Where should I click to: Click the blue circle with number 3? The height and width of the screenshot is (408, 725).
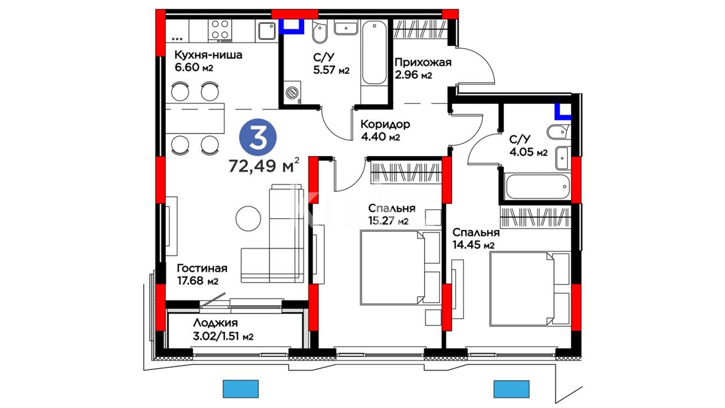[x=258, y=138]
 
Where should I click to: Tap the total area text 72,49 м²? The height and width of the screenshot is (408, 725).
[x=264, y=165]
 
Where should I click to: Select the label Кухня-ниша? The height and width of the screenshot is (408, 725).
[x=208, y=55]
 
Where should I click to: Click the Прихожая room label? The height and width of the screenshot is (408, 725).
[x=423, y=62]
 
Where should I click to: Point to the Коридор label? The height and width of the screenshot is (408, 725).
[x=385, y=124]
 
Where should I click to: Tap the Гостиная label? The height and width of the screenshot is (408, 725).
[x=202, y=268]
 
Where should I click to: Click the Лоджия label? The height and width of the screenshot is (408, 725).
[x=215, y=323]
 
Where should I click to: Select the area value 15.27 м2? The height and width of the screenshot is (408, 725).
[x=388, y=221]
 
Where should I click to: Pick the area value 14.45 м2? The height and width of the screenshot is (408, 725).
[x=474, y=245]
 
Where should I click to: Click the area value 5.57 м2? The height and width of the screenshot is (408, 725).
[x=331, y=70]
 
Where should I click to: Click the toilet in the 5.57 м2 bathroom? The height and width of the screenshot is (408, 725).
[x=319, y=32]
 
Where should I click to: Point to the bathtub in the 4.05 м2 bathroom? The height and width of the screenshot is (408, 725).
[x=537, y=186]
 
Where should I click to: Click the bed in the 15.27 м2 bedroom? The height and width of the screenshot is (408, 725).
[x=401, y=268]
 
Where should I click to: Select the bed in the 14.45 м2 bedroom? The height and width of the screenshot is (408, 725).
[x=529, y=289]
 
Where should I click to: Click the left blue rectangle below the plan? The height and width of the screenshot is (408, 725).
[x=241, y=389]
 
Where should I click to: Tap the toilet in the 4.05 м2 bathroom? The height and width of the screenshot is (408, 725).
[x=558, y=131]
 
